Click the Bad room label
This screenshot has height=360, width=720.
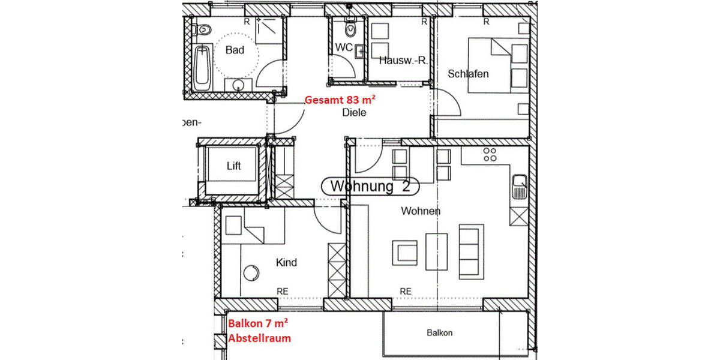[x=235, y=50]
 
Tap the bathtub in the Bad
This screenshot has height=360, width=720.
[x=202, y=67]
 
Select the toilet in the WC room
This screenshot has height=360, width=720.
[x=349, y=28]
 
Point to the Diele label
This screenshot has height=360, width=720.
[x=354, y=112]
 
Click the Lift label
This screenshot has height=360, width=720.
[x=233, y=166]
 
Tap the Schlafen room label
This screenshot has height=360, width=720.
[x=468, y=74]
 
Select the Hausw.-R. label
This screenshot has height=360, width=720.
[x=403, y=60]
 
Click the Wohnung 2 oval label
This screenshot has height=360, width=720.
[x=370, y=187]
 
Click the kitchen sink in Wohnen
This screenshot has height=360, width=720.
[x=519, y=187]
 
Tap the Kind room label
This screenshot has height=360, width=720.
[x=286, y=263]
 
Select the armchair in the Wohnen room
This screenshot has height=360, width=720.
[x=405, y=252]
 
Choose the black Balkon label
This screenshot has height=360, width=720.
[x=439, y=333]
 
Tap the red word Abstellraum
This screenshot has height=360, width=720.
[x=259, y=338]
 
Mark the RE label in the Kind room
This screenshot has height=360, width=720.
[x=283, y=291]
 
